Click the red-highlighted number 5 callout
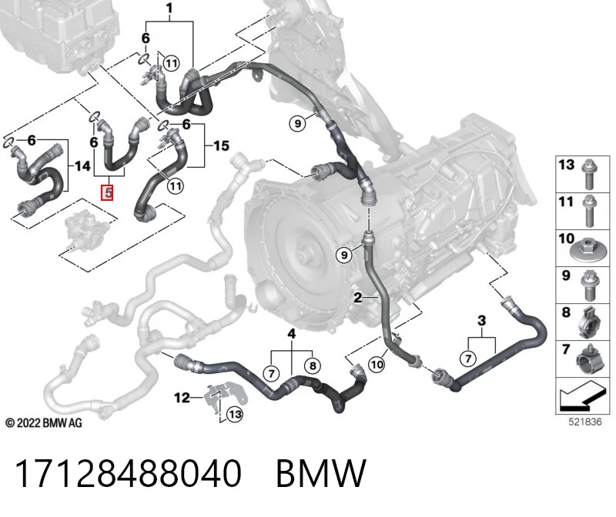point(107,193)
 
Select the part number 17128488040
point(128,473)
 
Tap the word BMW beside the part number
point(321,473)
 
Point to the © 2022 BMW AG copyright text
point(44,423)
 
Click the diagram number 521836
point(585,422)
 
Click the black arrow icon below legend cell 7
point(582,397)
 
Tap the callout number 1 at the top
point(169,8)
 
